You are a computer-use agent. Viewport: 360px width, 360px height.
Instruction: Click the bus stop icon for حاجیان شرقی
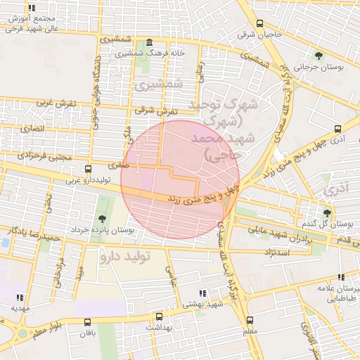259,23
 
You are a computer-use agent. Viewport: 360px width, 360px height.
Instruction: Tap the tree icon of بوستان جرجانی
319,55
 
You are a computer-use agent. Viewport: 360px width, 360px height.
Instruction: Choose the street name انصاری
32,129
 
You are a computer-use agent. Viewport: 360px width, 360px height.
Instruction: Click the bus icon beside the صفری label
88,169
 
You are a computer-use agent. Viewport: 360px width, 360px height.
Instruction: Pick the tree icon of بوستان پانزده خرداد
103,219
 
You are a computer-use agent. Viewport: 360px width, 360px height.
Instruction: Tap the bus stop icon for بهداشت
160,316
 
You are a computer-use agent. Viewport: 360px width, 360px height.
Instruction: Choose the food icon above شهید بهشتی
202,292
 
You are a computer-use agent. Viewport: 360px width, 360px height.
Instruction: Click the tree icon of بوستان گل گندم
326,212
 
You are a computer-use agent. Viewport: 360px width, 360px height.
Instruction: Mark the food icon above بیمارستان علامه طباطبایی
342,278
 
